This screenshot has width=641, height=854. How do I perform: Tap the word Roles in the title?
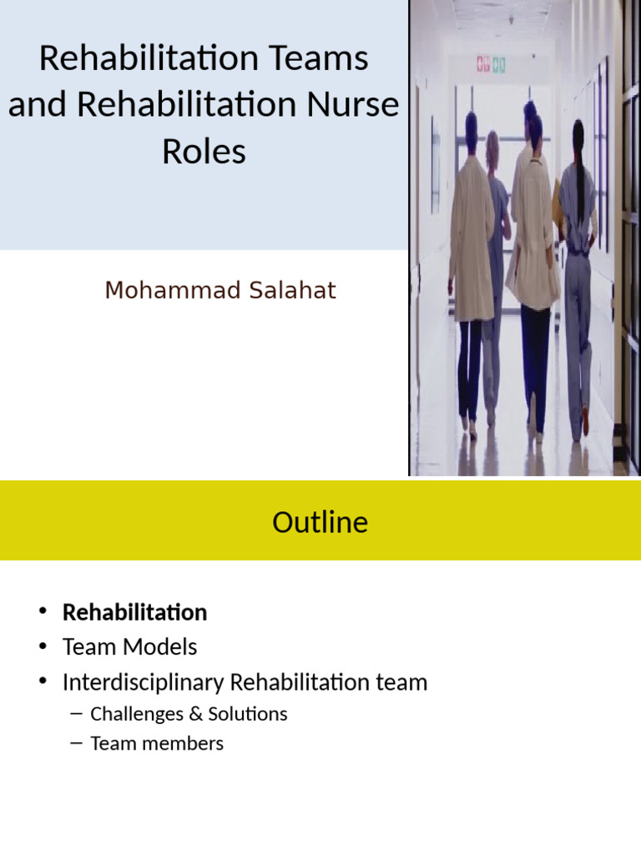(x=204, y=152)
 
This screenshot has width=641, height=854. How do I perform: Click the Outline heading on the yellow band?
(x=320, y=522)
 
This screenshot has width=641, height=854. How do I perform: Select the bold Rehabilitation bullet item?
(x=134, y=612)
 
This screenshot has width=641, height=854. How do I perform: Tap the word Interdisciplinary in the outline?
(x=143, y=682)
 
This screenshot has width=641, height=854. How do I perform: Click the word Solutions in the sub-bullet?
(x=249, y=714)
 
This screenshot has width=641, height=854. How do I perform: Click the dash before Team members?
(x=78, y=743)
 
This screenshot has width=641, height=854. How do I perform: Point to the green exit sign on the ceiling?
(x=499, y=63)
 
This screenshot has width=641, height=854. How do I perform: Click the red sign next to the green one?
(x=482, y=63)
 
